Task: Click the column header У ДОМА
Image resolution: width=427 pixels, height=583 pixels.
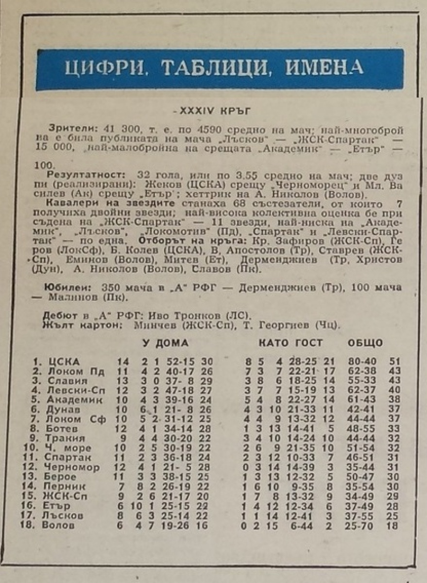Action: [x=165, y=343]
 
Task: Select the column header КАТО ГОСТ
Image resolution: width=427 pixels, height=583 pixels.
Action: [x=290, y=343]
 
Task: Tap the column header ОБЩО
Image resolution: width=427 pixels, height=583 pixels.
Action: [x=365, y=343]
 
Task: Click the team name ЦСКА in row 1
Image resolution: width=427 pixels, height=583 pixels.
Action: [x=64, y=362]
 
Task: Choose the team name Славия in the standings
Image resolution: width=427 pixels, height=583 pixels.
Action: [x=68, y=381]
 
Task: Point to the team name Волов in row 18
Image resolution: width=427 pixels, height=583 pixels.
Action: [x=58, y=525]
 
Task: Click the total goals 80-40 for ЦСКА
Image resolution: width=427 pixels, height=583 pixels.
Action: [x=362, y=362]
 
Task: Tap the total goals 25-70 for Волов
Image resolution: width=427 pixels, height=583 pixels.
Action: [x=362, y=525]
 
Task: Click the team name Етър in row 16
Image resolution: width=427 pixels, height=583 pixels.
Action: [x=56, y=506]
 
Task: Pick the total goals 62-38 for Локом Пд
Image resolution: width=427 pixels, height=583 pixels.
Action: [x=362, y=372]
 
